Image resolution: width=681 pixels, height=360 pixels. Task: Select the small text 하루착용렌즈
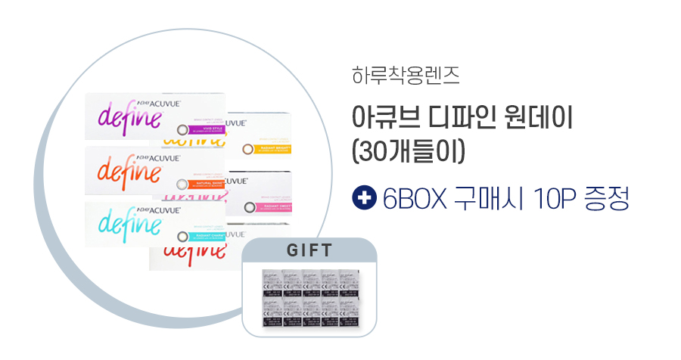406,76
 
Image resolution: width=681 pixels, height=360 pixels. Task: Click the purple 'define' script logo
130,119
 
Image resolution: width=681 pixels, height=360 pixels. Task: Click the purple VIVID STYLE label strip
205,129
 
